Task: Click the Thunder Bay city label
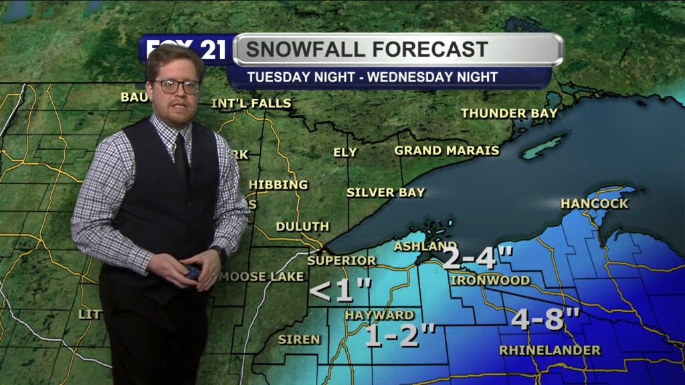tap(509, 114)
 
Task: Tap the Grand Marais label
tap(447, 150)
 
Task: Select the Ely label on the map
tap(345, 152)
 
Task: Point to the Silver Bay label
tap(385, 192)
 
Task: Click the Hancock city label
tap(594, 203)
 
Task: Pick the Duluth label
tap(302, 227)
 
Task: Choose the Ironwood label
tap(490, 280)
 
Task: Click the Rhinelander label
tap(550, 350)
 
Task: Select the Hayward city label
tap(379, 315)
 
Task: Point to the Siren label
tap(299, 340)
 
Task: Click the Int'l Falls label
tap(251, 104)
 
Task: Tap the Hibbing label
tap(278, 184)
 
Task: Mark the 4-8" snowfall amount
tap(546, 319)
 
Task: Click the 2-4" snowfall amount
tap(478, 258)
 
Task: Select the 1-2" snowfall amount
tap(401, 336)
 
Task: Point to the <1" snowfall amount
tap(340, 290)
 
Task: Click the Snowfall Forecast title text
tap(367, 49)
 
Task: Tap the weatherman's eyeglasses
tap(177, 86)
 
